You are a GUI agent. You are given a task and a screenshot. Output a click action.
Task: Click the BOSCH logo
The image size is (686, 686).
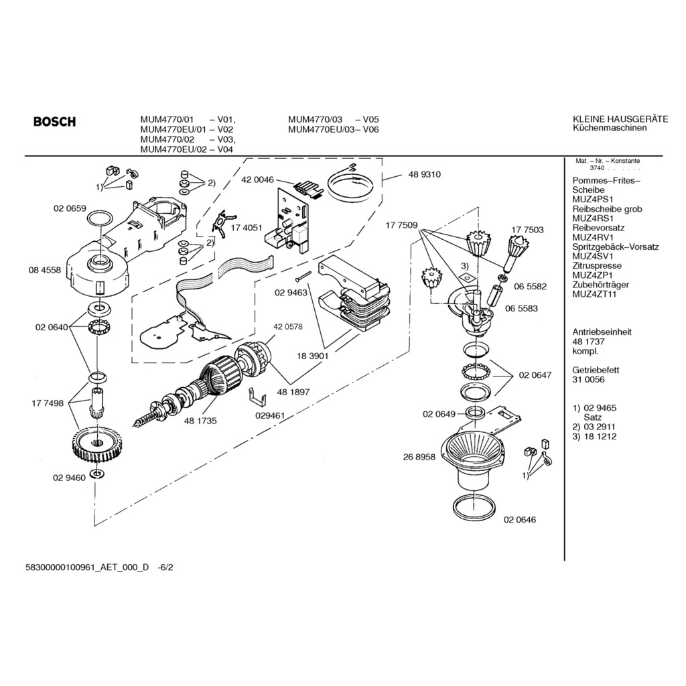click(x=55, y=122)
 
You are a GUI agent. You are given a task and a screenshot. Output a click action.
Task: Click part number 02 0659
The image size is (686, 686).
click(x=70, y=208)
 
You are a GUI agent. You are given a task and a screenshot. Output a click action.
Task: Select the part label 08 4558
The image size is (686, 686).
click(x=45, y=270)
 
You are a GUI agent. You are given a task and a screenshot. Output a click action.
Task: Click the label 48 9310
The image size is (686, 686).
click(x=425, y=174)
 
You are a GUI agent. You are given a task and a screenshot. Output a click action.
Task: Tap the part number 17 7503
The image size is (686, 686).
click(x=528, y=230)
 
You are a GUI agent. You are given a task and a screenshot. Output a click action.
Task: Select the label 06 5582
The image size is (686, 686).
click(x=531, y=286)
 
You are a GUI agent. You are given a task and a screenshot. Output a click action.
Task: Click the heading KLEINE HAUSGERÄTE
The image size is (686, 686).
click(x=620, y=119)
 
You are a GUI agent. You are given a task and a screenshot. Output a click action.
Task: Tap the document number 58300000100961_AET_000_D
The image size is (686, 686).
click(x=87, y=567)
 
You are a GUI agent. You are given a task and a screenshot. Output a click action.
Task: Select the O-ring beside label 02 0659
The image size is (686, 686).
click(x=100, y=218)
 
